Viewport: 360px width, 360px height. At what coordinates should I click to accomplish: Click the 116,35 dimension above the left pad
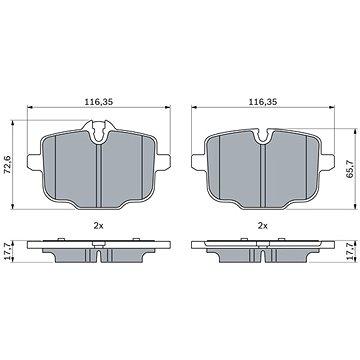click(98, 102)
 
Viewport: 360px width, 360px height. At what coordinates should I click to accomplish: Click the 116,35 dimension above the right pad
click(263, 102)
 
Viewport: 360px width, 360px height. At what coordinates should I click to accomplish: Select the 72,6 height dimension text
click(7, 165)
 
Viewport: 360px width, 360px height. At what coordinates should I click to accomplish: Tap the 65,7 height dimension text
click(350, 168)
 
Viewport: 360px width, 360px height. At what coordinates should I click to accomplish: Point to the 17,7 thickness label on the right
click(350, 252)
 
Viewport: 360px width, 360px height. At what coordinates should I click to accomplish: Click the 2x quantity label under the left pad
click(98, 226)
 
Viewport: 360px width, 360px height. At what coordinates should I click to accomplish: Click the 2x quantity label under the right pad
click(263, 226)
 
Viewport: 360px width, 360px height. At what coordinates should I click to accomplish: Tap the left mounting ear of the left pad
click(34, 163)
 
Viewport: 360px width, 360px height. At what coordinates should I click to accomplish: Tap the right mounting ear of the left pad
click(163, 163)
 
